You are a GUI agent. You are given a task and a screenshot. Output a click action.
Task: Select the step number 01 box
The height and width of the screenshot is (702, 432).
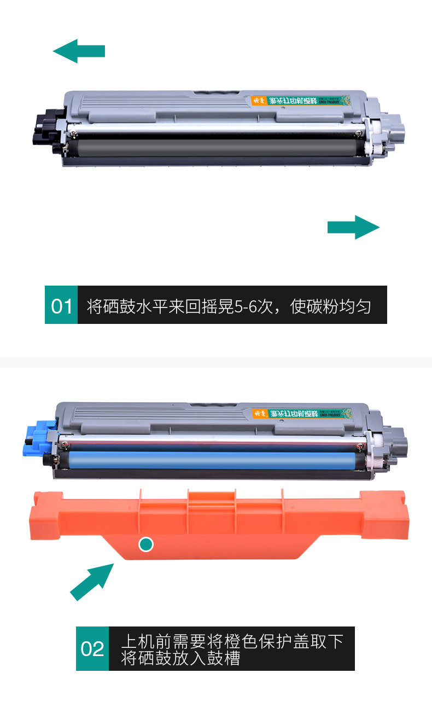coord(61,305)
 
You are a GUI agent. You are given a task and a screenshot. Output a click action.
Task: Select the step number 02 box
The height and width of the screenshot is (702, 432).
coord(92,648)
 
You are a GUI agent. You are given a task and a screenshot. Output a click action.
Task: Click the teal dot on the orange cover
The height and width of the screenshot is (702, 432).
coord(146,544)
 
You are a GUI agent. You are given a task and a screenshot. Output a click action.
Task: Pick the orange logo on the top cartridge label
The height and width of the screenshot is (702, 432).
coord(259,101)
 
